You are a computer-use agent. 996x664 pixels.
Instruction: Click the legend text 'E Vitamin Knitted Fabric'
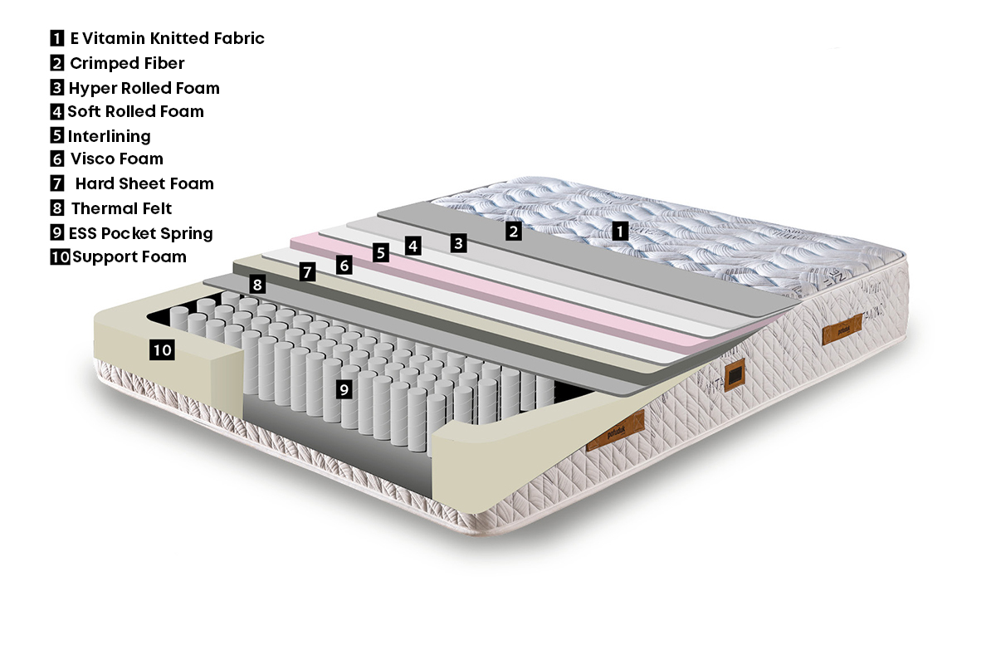click(167, 38)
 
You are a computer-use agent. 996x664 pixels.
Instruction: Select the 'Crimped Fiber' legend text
click(127, 63)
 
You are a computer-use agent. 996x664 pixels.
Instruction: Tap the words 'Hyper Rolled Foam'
click(144, 88)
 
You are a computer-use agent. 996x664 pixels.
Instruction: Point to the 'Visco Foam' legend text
click(117, 159)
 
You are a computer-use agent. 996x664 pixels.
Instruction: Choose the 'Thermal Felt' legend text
click(121, 208)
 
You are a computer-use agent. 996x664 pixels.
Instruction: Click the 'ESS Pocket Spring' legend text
click(140, 233)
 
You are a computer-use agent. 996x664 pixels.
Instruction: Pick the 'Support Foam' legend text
click(129, 256)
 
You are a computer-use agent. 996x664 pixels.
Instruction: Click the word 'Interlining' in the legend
click(109, 136)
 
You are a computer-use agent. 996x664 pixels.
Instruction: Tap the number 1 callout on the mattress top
click(620, 231)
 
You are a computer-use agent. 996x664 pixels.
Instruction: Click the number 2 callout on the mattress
click(514, 232)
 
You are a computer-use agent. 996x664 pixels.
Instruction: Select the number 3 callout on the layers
click(458, 243)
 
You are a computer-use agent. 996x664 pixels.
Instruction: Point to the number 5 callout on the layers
click(381, 252)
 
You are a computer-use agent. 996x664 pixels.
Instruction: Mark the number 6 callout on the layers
click(344, 265)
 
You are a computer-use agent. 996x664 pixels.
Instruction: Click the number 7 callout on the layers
click(307, 271)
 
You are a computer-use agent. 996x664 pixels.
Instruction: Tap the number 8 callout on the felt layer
click(257, 284)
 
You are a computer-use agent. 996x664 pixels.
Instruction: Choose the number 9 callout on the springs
click(344, 389)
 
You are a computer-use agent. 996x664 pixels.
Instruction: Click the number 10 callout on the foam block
click(162, 349)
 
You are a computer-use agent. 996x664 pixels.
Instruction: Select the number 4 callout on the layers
click(413, 246)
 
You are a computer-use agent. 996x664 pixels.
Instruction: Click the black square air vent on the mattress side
click(735, 374)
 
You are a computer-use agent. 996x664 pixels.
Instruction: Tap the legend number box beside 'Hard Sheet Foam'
click(57, 183)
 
